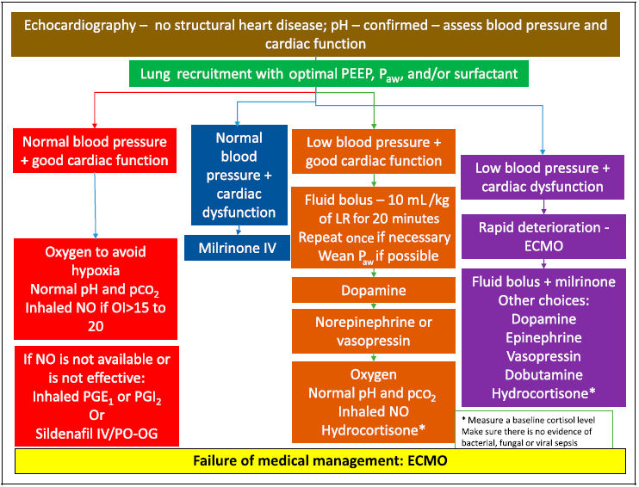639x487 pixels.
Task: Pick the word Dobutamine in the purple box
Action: [543, 375]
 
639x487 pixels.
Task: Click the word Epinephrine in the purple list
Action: [543, 337]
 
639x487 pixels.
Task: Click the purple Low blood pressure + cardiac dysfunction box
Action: [543, 177]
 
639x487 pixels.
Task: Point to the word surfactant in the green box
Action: [479, 74]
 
